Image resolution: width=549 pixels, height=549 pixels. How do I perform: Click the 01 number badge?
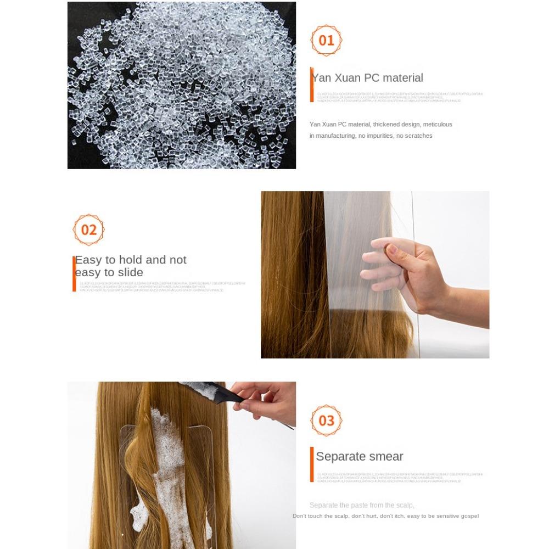(x=326, y=40)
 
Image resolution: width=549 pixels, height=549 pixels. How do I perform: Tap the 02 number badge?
(x=88, y=229)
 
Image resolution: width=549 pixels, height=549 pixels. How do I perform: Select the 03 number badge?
(x=326, y=421)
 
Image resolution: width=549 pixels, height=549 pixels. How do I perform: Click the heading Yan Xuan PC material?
(x=367, y=78)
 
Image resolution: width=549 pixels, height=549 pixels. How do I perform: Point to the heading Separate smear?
(x=360, y=457)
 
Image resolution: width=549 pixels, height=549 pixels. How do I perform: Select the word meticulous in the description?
(x=438, y=125)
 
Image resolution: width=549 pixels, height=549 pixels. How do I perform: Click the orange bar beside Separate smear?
(x=312, y=464)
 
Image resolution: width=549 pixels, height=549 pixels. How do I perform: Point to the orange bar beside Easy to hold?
(x=74, y=273)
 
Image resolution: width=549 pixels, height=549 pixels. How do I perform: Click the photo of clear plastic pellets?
(x=181, y=85)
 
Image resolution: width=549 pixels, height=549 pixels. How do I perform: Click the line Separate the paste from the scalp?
(x=362, y=505)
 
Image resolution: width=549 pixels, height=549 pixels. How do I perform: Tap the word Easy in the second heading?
(x=88, y=260)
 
